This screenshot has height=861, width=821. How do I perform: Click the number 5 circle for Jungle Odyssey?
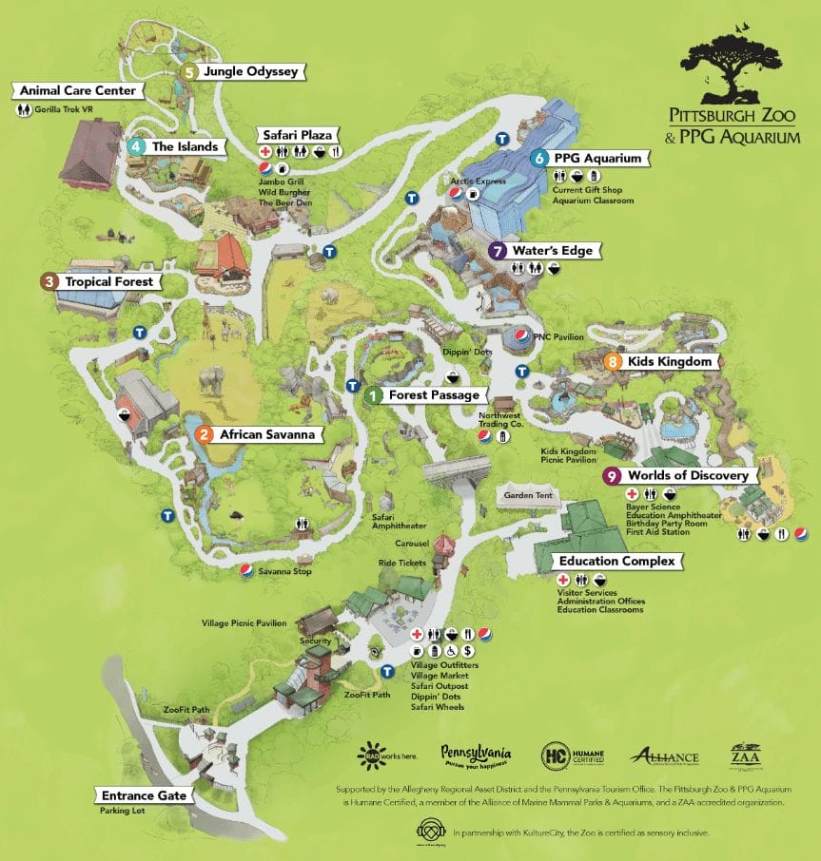[190, 71]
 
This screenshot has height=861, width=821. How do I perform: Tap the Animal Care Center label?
[78, 90]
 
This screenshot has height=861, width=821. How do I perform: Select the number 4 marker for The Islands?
[138, 146]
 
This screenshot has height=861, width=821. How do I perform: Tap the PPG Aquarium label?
[598, 158]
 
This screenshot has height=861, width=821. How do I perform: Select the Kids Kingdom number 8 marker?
[614, 362]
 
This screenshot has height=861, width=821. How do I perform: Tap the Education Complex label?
[616, 561]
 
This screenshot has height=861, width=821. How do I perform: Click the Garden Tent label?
[529, 496]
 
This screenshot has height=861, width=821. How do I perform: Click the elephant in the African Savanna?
[213, 381]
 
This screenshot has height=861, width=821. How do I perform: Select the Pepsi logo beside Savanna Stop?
[246, 571]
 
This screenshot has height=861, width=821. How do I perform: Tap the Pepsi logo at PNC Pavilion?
[521, 336]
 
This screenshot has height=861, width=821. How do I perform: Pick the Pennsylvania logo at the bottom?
[476, 756]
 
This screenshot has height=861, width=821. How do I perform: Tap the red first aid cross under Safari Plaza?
[265, 152]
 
